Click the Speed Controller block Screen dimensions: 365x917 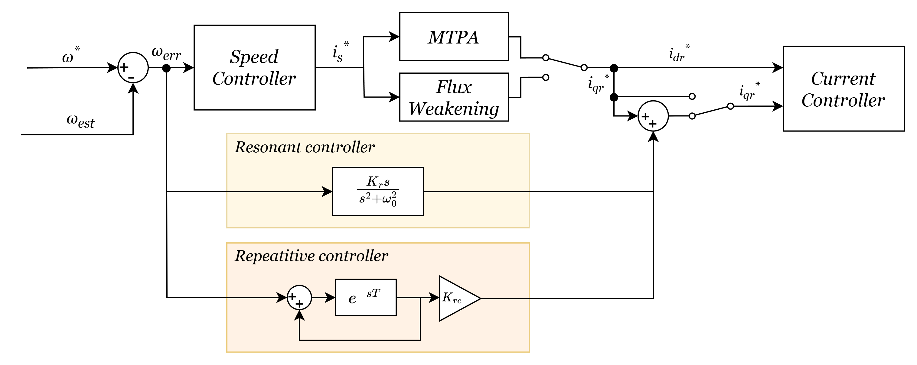click(254, 68)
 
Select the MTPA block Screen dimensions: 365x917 click(454, 37)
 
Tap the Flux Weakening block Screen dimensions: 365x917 click(454, 97)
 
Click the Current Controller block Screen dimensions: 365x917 click(843, 89)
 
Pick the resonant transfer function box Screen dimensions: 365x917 click(378, 191)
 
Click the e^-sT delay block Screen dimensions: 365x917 click(366, 297)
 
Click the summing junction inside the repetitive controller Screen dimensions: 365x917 click(299, 297)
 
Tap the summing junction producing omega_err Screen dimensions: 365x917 click(133, 68)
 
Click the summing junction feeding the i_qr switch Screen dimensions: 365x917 click(653, 116)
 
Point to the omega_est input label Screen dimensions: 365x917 click(80, 121)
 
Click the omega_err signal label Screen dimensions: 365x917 click(166, 53)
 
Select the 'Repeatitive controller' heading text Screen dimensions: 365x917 click(311, 256)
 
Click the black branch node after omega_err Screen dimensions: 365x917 click(166, 68)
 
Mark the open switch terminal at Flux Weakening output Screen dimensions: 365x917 click(546, 77)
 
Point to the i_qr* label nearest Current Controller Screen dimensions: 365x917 click(749, 92)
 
